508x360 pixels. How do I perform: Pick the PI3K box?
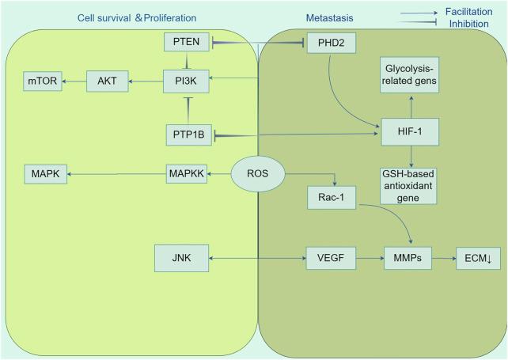[186, 80]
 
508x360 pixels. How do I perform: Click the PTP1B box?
[186, 135]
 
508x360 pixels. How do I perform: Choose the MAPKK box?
[188, 173]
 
